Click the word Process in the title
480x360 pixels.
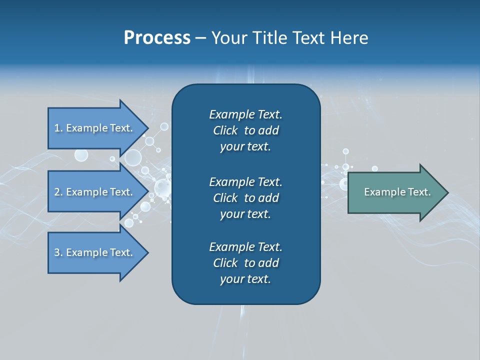coord(157,38)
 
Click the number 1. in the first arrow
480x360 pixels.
coord(58,128)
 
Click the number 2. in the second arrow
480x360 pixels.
coord(58,192)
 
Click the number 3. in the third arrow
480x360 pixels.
coord(58,252)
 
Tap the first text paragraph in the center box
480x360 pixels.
coord(245,130)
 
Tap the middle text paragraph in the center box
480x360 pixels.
coord(245,197)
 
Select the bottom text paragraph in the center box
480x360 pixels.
coord(245,263)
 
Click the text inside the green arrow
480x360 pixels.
coord(397,192)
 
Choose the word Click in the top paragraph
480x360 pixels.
coord(225,130)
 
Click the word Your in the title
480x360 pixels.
coord(227,38)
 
